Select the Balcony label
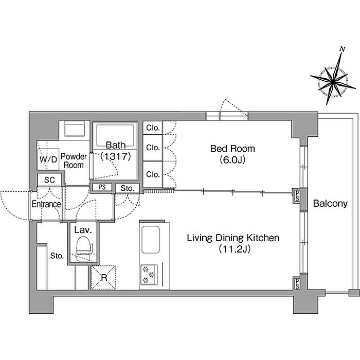click(330, 204)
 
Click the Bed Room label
click(232, 149)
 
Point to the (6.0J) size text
click(232, 159)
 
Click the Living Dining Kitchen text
click(232, 238)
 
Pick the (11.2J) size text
click(232, 249)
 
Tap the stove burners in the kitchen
click(148, 274)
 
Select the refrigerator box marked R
click(103, 277)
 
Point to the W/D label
click(48, 159)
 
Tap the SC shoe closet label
click(49, 180)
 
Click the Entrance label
click(46, 204)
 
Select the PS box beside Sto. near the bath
click(102, 188)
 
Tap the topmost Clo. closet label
click(153, 128)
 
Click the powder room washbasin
click(74, 129)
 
